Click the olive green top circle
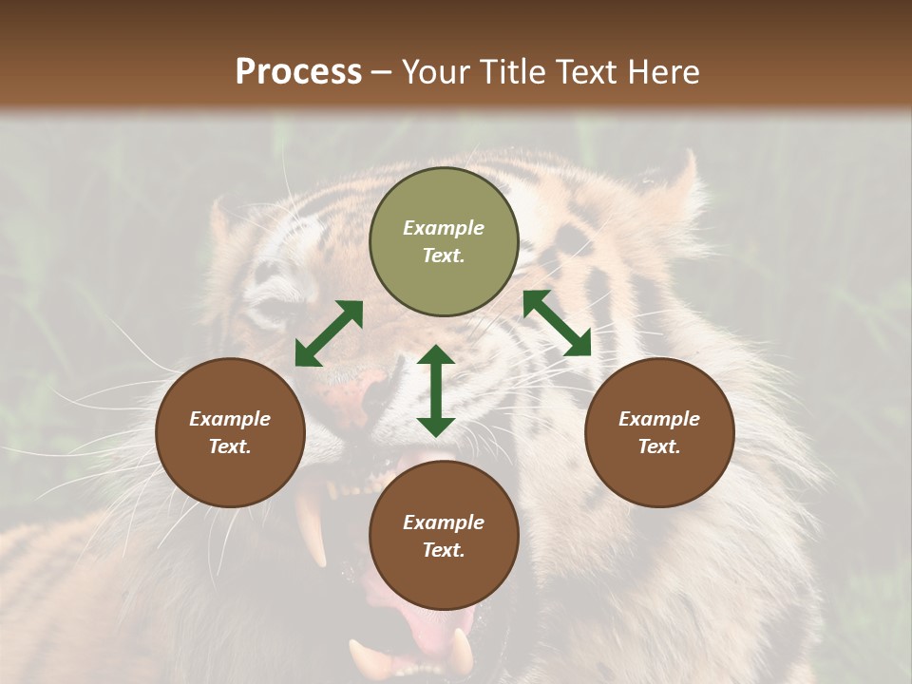[444, 242]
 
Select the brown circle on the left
[230, 432]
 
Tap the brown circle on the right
[659, 432]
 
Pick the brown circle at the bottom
[444, 536]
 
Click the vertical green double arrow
[436, 391]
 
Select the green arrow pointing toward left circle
[329, 333]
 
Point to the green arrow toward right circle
[557, 323]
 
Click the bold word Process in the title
[298, 71]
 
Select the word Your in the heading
[437, 71]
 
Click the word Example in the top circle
[444, 228]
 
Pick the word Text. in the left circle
[230, 446]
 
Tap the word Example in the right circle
[659, 419]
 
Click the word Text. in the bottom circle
[444, 550]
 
